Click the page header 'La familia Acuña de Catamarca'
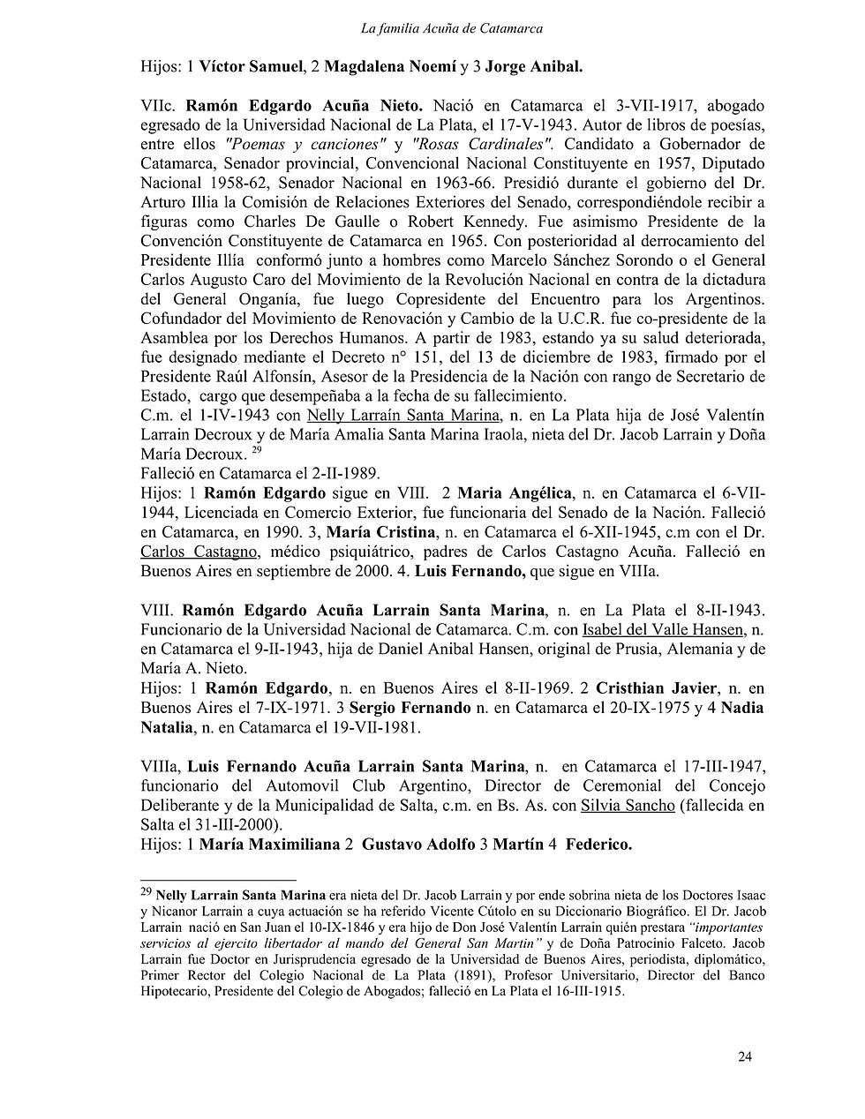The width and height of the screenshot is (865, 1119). pyautogui.click(x=452, y=28)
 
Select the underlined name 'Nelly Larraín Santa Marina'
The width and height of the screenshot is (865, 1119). pyautogui.click(x=403, y=416)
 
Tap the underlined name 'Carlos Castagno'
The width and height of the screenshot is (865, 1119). pyautogui.click(x=199, y=552)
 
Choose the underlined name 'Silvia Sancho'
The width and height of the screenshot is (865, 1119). pyautogui.click(x=628, y=805)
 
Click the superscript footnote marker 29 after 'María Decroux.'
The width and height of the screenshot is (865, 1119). pyautogui.click(x=256, y=450)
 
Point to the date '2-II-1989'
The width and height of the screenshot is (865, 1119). pyautogui.click(x=346, y=474)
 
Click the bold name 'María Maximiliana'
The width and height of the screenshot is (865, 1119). pyautogui.click(x=269, y=845)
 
